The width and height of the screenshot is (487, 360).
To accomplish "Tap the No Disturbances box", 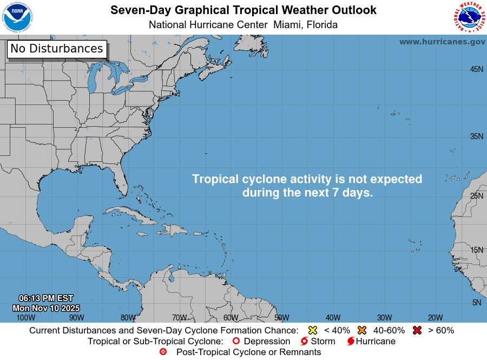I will (x=57, y=49).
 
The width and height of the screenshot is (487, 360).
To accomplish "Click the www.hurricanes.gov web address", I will (x=442, y=42).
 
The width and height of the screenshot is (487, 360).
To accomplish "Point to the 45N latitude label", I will (x=476, y=69).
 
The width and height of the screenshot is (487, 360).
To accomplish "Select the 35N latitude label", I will (x=476, y=136).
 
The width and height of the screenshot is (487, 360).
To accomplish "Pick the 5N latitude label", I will (x=477, y=303).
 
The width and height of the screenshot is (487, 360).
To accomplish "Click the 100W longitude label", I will (x=25, y=318).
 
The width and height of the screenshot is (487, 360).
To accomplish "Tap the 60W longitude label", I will (x=231, y=318).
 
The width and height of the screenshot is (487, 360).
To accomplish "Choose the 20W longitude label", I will (x=436, y=318).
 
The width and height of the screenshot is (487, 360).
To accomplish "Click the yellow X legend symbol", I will (x=312, y=330).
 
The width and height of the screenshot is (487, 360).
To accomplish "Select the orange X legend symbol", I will (x=362, y=330).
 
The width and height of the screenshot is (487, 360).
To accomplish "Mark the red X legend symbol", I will (x=417, y=330).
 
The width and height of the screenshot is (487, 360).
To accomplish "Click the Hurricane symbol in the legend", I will (x=351, y=342).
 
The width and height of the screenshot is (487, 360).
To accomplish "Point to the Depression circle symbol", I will (x=236, y=341).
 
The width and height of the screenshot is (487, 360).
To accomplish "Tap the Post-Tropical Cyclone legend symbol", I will (x=163, y=352).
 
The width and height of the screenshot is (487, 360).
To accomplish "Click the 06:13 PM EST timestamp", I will (x=46, y=298).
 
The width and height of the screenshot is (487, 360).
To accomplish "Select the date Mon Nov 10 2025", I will (x=46, y=308).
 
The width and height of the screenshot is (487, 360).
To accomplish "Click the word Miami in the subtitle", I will (x=288, y=25).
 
